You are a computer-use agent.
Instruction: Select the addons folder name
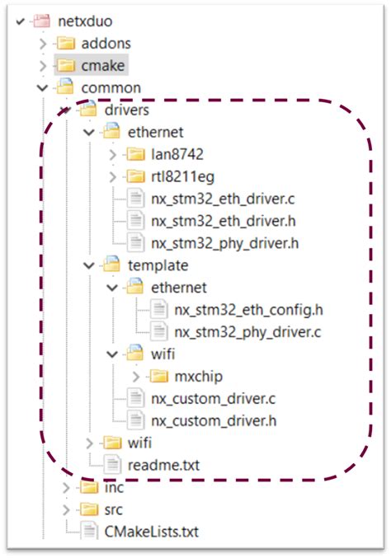click(x=106, y=42)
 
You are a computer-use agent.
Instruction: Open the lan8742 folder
click(x=177, y=153)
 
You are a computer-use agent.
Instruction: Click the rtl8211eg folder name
click(x=183, y=176)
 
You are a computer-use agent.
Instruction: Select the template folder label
click(x=158, y=265)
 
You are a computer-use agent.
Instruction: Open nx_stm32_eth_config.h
click(x=247, y=309)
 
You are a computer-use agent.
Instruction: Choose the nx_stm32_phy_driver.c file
click(x=247, y=331)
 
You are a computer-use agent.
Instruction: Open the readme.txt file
click(x=164, y=465)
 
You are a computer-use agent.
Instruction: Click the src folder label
click(x=114, y=509)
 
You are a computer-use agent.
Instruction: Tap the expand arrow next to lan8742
click(x=113, y=153)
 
